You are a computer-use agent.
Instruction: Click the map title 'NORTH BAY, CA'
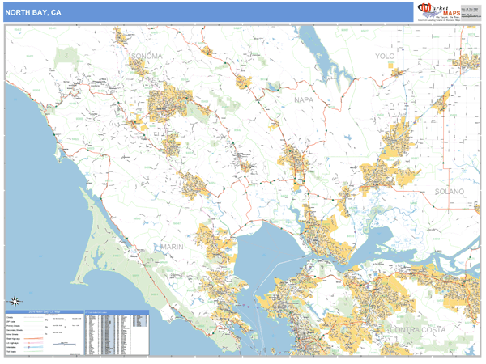pyautogui.click(x=32, y=12)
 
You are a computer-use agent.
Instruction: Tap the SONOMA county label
pyautogui.click(x=146, y=56)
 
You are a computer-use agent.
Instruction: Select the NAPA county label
pyautogui.click(x=304, y=99)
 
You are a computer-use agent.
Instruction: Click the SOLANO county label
pyautogui.click(x=449, y=192)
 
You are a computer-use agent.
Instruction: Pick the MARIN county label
pyautogui.click(x=173, y=246)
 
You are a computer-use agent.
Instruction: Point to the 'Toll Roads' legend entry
pyautogui.click(x=13, y=352)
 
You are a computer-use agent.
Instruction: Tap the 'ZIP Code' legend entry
pyautogui.click(x=13, y=321)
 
